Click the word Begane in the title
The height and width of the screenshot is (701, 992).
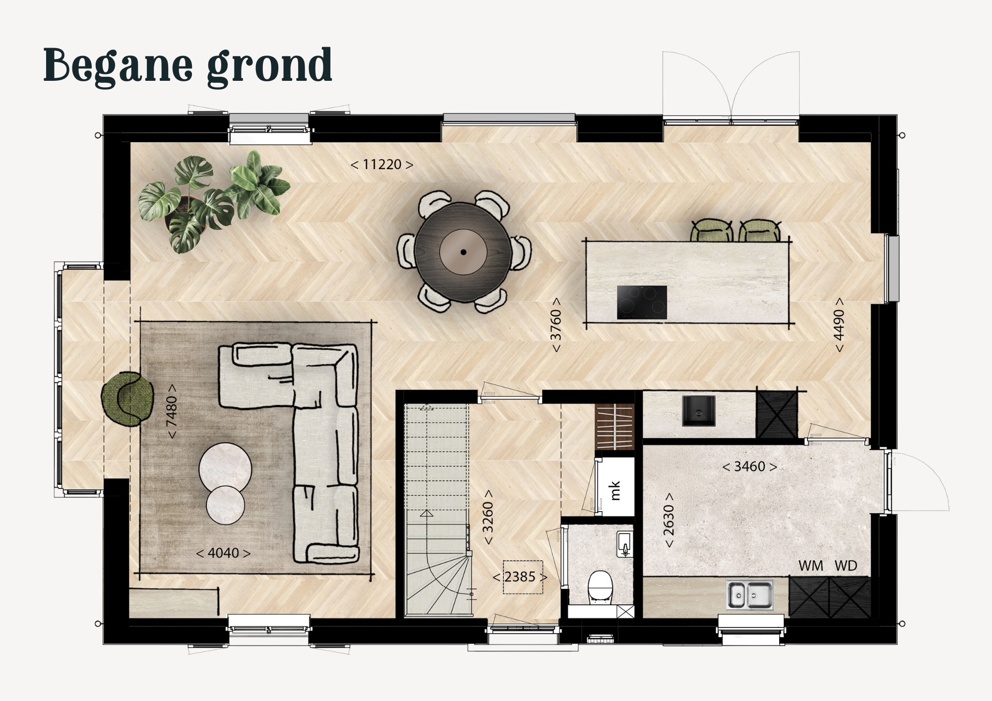[x=118, y=66]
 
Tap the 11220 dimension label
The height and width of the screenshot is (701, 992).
[x=382, y=165]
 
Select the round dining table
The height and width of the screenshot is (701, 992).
[x=463, y=252]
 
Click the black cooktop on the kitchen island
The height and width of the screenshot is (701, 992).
[x=642, y=302]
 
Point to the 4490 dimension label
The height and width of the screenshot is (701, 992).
[x=839, y=325]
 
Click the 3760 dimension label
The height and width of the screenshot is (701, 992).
[x=556, y=325]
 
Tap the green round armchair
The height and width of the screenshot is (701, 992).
[x=127, y=399]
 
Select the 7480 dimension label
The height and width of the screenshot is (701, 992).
[x=172, y=411]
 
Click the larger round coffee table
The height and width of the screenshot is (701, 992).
[x=225, y=468]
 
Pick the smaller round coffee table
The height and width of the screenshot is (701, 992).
[x=226, y=505]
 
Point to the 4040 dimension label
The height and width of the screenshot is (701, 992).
[x=223, y=553]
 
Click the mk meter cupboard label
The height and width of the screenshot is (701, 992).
[x=615, y=490]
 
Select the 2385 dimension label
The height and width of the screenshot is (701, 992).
[x=520, y=577]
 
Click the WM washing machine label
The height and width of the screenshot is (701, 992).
[x=811, y=566]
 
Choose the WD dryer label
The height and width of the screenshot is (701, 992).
[x=846, y=566]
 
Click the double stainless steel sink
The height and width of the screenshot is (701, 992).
[x=750, y=594]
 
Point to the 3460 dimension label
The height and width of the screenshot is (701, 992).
[x=749, y=467]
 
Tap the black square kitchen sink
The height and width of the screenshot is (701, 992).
[x=699, y=410]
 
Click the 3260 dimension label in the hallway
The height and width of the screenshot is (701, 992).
[x=488, y=517]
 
